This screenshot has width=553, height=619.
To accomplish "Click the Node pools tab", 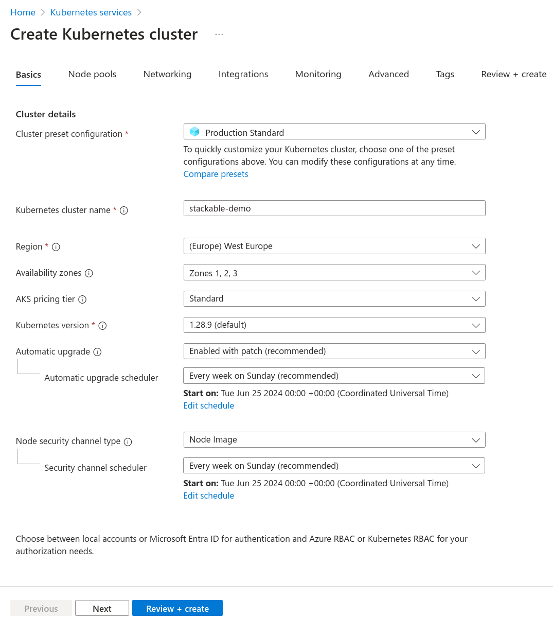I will point(92,74).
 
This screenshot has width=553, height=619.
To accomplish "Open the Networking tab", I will point(167,74).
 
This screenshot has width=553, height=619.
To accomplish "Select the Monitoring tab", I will point(318,74).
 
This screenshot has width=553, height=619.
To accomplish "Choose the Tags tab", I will point(445,74).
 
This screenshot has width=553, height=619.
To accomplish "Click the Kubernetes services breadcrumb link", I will point(91,12).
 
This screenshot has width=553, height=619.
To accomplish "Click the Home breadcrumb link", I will point(23,12).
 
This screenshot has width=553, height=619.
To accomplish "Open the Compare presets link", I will point(216,174).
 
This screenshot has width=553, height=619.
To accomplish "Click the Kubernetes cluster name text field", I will point(334,208).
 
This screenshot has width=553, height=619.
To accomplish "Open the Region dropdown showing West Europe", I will point(334,246).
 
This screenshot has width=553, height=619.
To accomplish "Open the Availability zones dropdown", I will point(334,273).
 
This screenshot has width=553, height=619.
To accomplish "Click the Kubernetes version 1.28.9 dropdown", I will point(334,325).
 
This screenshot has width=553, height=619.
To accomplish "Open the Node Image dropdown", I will point(334,440).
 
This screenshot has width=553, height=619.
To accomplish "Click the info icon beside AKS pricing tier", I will point(82,299).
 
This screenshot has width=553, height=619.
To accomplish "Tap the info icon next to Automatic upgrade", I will point(97,352).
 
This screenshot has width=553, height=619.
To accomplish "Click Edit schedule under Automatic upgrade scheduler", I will point(208,405).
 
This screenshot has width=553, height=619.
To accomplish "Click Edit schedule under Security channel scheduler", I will point(208,496).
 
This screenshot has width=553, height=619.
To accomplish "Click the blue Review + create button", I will point(177,609).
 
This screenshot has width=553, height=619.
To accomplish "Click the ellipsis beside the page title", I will point(219,34).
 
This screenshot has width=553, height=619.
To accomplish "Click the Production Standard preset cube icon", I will point(194,132).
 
